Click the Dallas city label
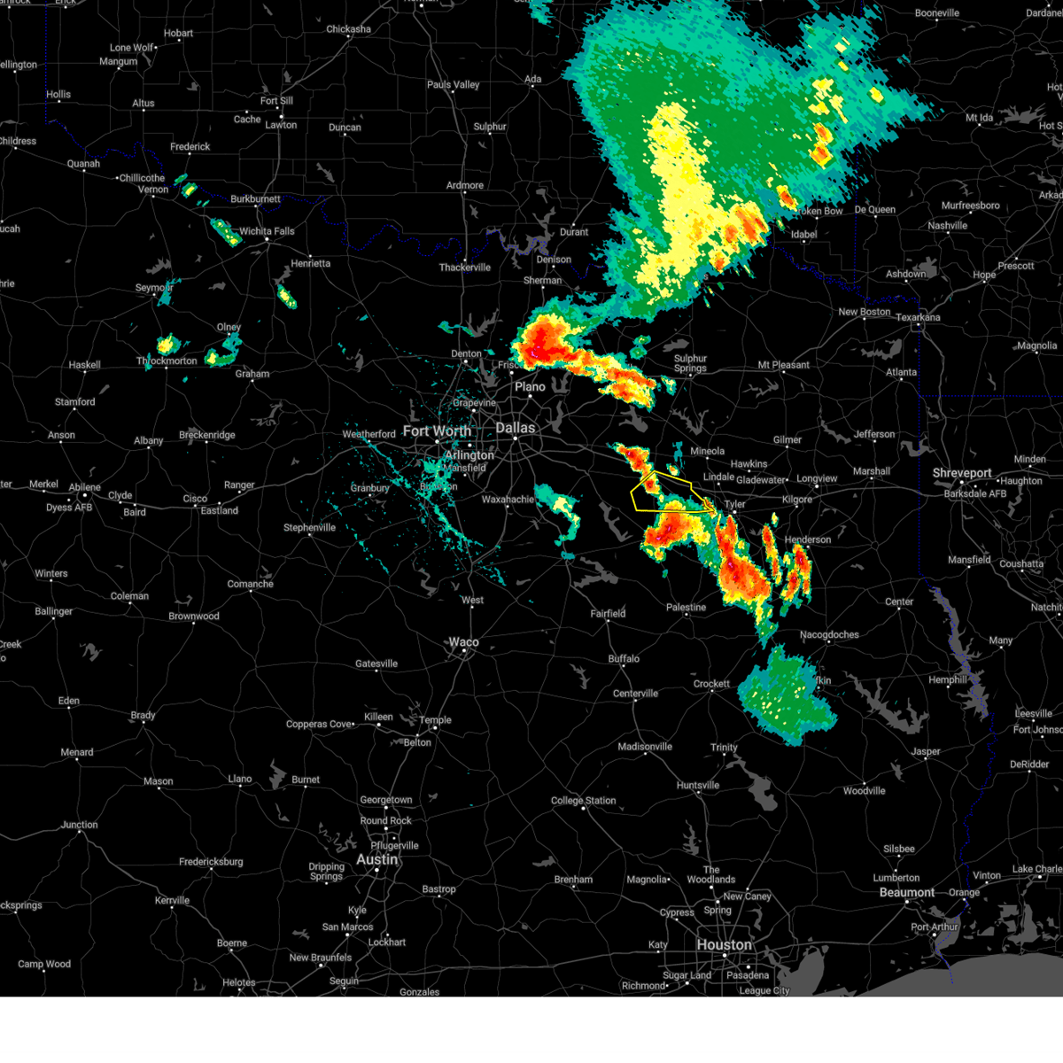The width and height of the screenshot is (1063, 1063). coord(516,428)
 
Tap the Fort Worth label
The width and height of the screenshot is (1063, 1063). coord(437,431)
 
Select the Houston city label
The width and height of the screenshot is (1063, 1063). coord(724,945)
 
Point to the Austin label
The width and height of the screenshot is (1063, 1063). coord(376,859)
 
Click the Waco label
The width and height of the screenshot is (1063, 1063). coord(463,642)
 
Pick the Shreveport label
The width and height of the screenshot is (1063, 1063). coord(961,473)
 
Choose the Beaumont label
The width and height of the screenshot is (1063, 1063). coord(906,892)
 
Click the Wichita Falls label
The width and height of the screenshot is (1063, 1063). coord(267,231)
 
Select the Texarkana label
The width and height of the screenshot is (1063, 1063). coord(918,317)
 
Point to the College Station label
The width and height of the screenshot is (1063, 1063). coord(583,801)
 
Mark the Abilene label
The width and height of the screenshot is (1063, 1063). coord(85,486)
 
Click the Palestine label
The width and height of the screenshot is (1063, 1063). coord(687,608)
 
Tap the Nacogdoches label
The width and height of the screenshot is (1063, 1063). coord(829,634)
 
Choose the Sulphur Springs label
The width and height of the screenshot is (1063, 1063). coord(690,363)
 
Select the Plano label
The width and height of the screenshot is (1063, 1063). coord(530,387)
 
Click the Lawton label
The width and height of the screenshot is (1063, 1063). coord(281,125)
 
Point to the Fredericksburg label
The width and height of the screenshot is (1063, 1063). coord(210,862)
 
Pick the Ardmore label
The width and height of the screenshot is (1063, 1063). coord(465,186)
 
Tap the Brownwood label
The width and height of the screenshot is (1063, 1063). coord(194,617)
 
